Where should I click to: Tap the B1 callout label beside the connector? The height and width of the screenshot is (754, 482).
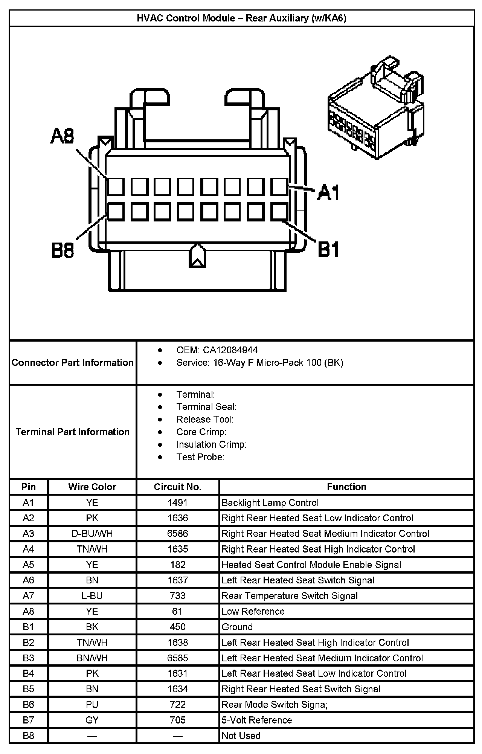(x=328, y=249)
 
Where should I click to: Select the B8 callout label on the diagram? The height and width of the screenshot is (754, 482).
(x=63, y=250)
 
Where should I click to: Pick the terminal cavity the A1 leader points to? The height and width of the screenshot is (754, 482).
(x=279, y=187)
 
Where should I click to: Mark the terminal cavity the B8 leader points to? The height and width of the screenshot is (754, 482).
(x=116, y=211)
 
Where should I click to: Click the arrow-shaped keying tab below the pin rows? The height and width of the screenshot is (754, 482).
(x=197, y=256)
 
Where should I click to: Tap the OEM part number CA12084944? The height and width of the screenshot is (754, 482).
(x=230, y=350)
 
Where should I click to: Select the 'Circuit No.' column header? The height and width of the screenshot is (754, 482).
(x=178, y=487)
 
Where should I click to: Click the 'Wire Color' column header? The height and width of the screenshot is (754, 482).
(x=92, y=487)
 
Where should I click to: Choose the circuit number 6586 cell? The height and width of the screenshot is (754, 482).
(x=178, y=533)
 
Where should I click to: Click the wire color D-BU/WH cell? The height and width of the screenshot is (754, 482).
(x=92, y=533)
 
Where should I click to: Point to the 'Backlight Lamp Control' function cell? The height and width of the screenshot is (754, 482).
(x=270, y=502)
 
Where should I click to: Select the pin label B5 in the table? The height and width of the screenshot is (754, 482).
(x=29, y=689)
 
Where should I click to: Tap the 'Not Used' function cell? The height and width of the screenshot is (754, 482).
(x=241, y=736)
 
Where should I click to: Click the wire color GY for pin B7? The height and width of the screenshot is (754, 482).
(x=92, y=720)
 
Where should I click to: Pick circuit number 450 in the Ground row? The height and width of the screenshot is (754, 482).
(x=178, y=627)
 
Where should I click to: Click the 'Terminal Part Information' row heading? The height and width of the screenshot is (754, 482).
(x=73, y=432)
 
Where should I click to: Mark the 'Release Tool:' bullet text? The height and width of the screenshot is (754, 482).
(x=205, y=419)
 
